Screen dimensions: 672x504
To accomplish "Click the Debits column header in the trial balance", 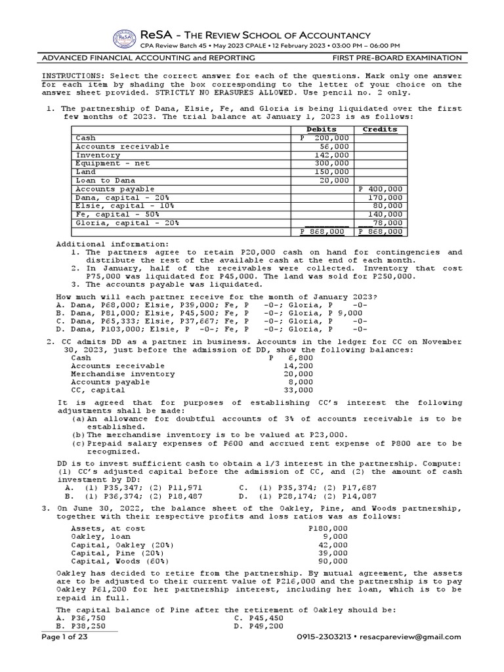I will pos(322,130).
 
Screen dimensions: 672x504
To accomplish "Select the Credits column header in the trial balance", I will pos(380,130).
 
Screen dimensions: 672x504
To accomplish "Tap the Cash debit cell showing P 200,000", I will pos(324,138).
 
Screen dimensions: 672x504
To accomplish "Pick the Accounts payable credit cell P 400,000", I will pos(381,189).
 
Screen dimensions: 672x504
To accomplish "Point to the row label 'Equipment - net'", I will pos(108,163).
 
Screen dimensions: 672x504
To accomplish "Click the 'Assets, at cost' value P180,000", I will pos(328,528).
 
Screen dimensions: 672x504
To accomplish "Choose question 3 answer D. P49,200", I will pos(259,627).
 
